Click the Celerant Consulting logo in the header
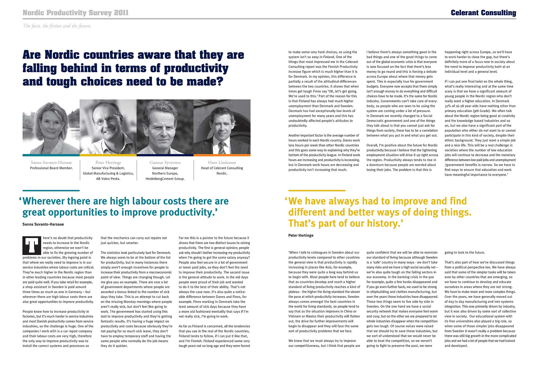tap(483, 13)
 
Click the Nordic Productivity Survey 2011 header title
tap(76, 13)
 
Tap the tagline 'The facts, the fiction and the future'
tap(57, 26)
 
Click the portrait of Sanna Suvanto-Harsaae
tap(51, 127)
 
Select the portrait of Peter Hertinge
tap(108, 127)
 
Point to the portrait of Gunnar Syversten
tap(165, 127)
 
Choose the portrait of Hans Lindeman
tap(222, 127)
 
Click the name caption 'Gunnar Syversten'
tap(165, 163)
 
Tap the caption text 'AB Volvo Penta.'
tap(108, 179)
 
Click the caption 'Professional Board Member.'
tap(51, 168)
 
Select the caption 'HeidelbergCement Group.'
tap(165, 179)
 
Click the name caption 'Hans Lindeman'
tap(222, 163)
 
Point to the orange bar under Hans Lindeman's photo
tap(222, 155)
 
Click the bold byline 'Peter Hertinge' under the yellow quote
tap(301, 235)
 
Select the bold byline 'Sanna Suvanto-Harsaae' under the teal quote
tap(43, 224)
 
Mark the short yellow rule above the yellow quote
tap(317, 191)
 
